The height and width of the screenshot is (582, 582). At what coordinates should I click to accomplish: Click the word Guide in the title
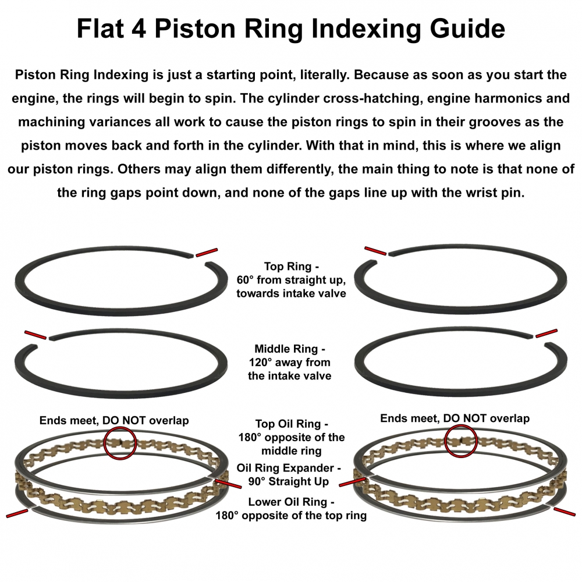pyautogui.click(x=467, y=29)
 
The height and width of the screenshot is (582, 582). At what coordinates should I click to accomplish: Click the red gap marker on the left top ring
pyautogui.click(x=207, y=253)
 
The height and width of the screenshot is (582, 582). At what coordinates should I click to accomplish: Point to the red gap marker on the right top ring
pyautogui.click(x=375, y=251)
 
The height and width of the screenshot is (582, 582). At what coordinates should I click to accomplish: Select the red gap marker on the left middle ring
pyautogui.click(x=36, y=335)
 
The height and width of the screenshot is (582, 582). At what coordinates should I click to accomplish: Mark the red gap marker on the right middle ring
pyautogui.click(x=546, y=333)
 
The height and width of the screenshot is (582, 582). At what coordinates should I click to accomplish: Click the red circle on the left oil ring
pyautogui.click(x=120, y=443)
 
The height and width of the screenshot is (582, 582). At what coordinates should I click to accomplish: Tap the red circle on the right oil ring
pyautogui.click(x=460, y=441)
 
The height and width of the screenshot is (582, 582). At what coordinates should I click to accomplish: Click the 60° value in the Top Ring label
pyautogui.click(x=245, y=280)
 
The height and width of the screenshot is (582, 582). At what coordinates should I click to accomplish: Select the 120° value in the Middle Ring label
pyautogui.click(x=260, y=362)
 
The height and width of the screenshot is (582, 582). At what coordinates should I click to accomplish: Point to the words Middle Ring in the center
pyautogui.click(x=286, y=349)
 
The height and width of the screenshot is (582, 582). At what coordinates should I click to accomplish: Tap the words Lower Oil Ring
pyautogui.click(x=288, y=502)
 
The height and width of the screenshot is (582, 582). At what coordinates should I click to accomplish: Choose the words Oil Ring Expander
pyautogui.click(x=285, y=468)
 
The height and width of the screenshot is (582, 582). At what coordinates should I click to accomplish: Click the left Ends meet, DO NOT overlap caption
pyautogui.click(x=114, y=421)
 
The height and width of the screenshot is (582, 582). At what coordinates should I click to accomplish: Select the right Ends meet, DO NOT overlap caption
pyautogui.click(x=455, y=418)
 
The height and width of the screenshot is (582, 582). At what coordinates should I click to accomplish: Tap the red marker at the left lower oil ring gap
pyautogui.click(x=17, y=514)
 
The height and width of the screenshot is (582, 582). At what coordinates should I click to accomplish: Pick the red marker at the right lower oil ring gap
pyautogui.click(x=565, y=512)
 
